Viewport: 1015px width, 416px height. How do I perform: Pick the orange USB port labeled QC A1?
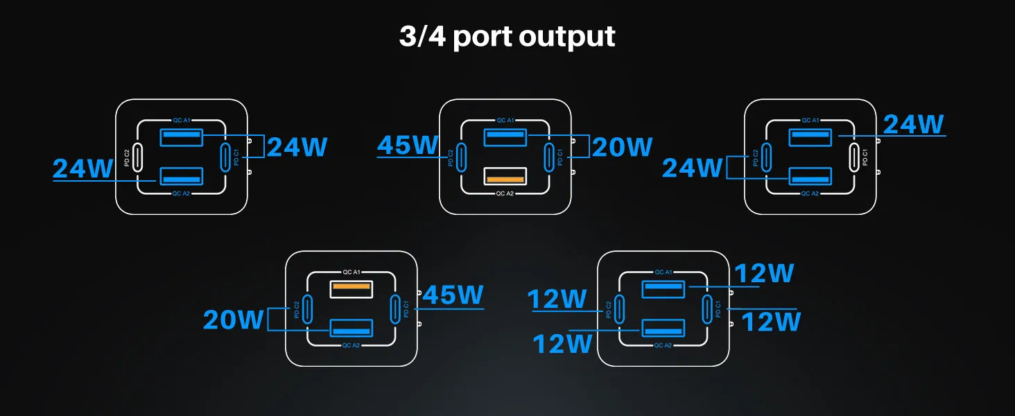click(x=351, y=288)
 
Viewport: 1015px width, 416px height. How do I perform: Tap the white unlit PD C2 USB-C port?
click(x=138, y=157)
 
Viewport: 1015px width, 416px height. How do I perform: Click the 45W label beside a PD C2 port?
click(x=408, y=146)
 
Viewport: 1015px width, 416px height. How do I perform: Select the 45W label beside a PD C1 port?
click(x=453, y=295)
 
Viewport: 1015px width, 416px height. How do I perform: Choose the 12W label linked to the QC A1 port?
click(x=764, y=274)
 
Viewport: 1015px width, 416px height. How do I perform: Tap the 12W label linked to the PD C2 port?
click(x=557, y=300)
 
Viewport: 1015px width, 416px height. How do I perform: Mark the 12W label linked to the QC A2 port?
click(x=562, y=344)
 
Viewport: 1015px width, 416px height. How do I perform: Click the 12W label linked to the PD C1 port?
click(x=771, y=322)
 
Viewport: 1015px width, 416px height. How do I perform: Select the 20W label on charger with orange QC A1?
click(x=234, y=320)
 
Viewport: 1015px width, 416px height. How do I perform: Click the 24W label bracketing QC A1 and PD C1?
click(x=297, y=147)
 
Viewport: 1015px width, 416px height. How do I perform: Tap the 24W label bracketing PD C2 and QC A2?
click(x=692, y=168)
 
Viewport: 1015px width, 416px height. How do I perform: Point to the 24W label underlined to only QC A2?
click(x=83, y=168)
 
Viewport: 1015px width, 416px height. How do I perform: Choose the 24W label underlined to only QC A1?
click(x=913, y=124)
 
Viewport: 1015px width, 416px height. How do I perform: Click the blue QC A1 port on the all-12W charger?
click(x=663, y=288)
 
